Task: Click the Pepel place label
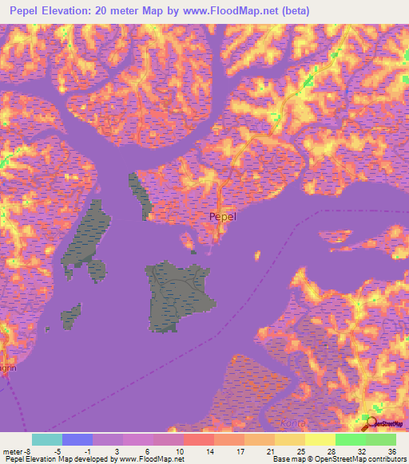point(222,216)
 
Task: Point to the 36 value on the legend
point(391,450)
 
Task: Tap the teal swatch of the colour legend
point(47,439)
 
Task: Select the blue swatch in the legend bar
point(77,439)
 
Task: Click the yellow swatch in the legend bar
point(320,439)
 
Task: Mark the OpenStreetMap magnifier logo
point(370,420)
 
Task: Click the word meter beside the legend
point(14,450)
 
